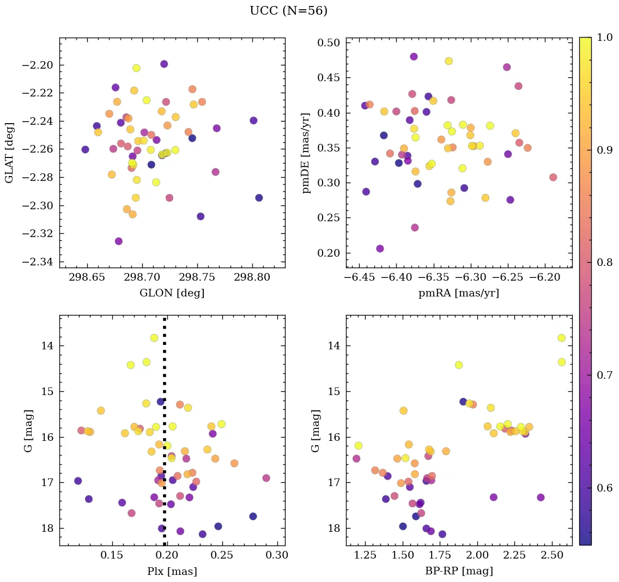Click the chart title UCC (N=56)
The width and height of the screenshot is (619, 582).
[x=288, y=11]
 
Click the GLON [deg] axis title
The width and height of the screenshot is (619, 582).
[x=172, y=293]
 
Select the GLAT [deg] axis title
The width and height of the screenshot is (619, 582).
[x=9, y=153]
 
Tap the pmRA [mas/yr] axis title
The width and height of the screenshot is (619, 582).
[x=458, y=293]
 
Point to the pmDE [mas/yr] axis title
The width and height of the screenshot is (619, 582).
[x=306, y=153]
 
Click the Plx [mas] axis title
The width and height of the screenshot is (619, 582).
[x=172, y=571]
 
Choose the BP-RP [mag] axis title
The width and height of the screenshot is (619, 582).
[x=458, y=571]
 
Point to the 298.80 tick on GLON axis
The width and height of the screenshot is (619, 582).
[x=252, y=277]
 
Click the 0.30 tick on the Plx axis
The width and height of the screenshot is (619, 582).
[x=277, y=555]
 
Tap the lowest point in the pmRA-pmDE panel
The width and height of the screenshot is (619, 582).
[x=380, y=248]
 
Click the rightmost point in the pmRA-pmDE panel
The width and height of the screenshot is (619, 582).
[x=553, y=177]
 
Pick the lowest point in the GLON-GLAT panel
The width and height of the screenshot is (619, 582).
[x=119, y=241]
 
